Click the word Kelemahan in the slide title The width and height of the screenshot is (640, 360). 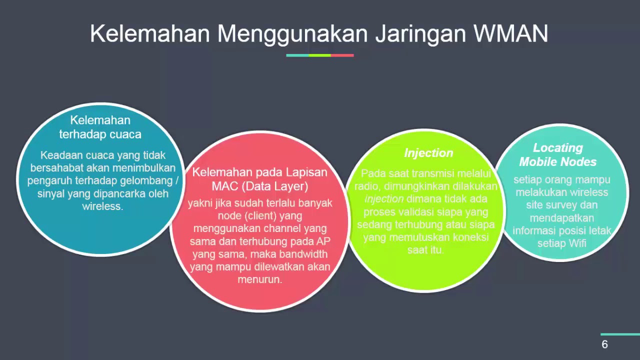point(150,33)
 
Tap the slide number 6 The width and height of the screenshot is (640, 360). point(604,344)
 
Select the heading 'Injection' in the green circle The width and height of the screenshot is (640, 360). point(428,153)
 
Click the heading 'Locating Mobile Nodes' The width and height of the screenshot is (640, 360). point(558,155)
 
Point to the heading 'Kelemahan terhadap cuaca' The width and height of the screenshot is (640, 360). point(100,127)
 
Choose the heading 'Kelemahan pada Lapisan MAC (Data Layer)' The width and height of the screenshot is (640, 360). point(260,179)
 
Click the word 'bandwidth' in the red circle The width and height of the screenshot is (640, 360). point(303,254)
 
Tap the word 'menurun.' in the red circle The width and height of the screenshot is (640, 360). point(260,279)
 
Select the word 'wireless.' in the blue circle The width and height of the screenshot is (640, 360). point(102,206)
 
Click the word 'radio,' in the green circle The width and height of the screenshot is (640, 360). point(367,186)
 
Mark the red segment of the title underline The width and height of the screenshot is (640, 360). point(342,55)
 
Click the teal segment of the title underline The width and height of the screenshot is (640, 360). point(297,55)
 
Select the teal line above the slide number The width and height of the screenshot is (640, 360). point(620,334)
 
